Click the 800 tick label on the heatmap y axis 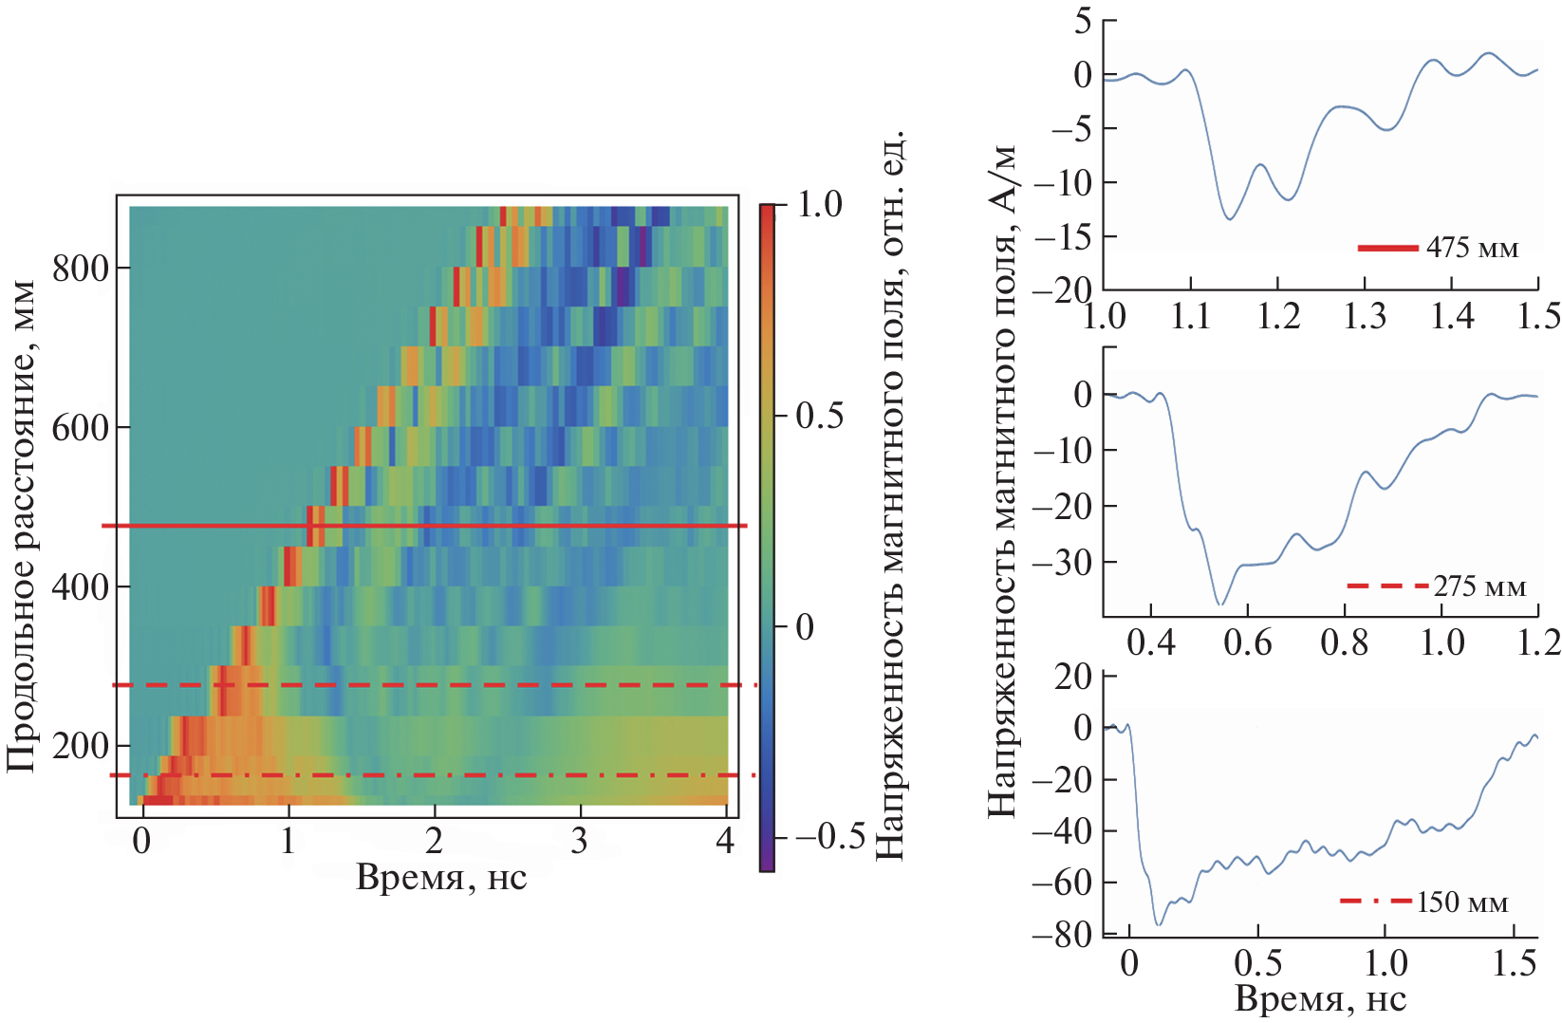pos(80,269)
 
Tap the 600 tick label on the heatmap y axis pos(80,428)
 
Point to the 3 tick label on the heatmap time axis pos(580,841)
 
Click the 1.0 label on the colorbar pos(819,204)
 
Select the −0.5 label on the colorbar pos(830,836)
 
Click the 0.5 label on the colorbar pos(819,416)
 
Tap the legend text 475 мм pos(1472,249)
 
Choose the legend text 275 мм pos(1479,586)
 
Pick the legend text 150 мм pos(1461,902)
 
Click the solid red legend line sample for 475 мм pos(1387,249)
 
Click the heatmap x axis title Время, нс pos(441,878)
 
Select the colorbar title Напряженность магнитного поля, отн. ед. pos(889,493)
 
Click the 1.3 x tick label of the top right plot pos(1365,316)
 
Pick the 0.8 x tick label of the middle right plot pos(1344,643)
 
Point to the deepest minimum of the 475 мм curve pos(1230,219)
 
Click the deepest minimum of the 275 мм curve pos(1221,604)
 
